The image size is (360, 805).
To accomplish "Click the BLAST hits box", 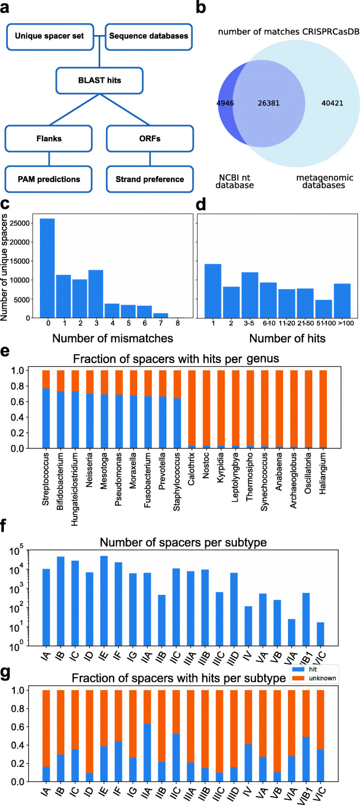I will (99, 80).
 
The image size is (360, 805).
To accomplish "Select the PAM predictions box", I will (49, 179).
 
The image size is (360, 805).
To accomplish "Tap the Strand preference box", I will (149, 179).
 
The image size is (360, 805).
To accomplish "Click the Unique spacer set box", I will (49, 36).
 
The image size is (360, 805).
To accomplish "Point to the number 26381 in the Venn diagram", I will (269, 103).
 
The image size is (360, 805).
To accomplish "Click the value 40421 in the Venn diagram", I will (332, 103).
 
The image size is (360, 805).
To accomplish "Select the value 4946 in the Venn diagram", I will (225, 103).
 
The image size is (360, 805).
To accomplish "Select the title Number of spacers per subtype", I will (183, 542).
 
